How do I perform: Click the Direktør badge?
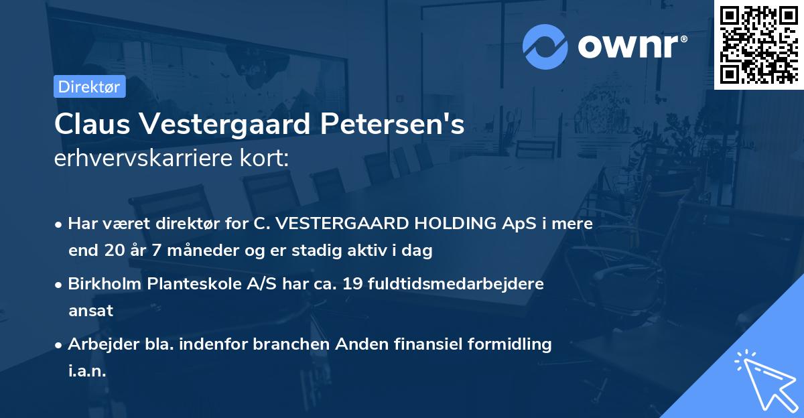tap(89, 86)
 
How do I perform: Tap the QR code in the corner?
tap(758, 44)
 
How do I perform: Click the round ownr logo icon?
tap(545, 46)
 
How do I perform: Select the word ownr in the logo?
tap(630, 46)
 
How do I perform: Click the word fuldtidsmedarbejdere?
tap(456, 283)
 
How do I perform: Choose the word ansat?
tap(90, 311)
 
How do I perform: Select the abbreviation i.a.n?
tap(87, 371)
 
